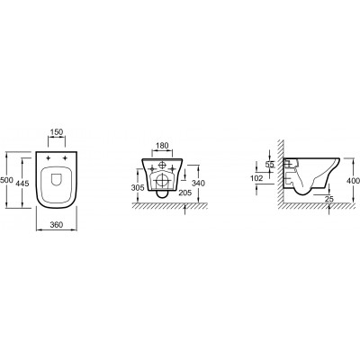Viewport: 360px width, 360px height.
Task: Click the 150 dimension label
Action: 57,132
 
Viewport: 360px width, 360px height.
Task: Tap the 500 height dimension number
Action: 6,180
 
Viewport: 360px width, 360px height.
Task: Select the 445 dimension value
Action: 22,183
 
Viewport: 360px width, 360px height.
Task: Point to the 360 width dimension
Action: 57,225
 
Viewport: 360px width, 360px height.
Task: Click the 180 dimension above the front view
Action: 163,146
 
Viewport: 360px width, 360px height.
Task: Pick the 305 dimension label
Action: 138,188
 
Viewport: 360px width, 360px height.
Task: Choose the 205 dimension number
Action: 185,193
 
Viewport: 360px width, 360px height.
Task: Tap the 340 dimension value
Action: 199,183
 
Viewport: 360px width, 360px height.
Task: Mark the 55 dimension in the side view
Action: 270,165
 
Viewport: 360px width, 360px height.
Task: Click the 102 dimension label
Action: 256,178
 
